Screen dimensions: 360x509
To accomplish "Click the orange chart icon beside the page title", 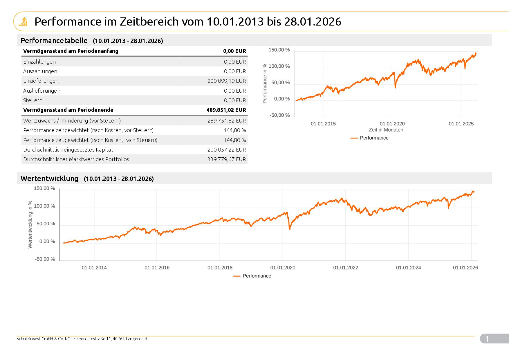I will point(23,21).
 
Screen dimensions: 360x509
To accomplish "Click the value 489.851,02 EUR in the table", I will point(226,110).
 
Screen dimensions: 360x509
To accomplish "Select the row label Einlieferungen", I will point(41,81).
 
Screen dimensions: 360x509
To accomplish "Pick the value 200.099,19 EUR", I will point(227,81).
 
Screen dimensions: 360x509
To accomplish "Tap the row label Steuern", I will point(33,100).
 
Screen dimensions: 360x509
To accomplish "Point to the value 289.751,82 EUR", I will point(227,121).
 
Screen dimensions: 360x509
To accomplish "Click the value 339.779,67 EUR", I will point(227,159).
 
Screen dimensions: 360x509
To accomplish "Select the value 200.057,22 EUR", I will point(227,150).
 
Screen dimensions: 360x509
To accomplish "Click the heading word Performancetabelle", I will point(54,40).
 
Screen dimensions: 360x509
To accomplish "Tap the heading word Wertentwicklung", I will point(50,178).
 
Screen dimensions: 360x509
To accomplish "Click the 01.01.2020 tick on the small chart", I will point(392,124).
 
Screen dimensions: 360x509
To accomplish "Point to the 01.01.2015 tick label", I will point(323,124).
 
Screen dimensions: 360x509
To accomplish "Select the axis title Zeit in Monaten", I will point(386,130).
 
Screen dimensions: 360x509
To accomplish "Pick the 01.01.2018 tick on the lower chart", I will point(220,268).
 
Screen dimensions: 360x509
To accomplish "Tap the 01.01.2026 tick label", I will point(465,268).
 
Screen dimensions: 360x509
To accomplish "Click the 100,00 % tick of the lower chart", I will point(44,206).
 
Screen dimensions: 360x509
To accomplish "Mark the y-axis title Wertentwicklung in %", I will point(30,225).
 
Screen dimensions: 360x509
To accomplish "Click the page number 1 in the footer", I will point(487,339).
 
